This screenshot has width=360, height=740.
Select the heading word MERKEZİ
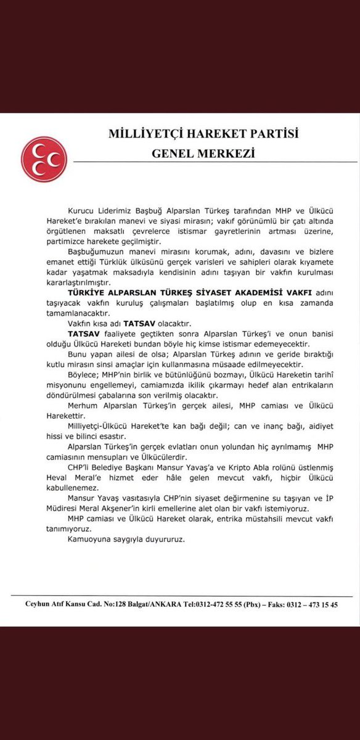tap(228, 152)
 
